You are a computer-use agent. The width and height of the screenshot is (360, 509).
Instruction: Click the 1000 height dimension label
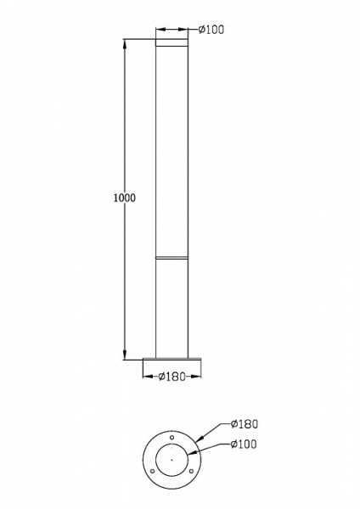pos(124,198)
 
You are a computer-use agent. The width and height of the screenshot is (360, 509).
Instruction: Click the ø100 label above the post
pos(211,30)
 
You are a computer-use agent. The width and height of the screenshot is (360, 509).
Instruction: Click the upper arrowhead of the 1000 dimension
pos(125,42)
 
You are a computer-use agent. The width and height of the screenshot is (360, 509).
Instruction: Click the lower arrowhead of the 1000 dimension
pos(125,355)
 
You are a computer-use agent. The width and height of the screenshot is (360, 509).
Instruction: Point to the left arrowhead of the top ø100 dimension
pos(159,30)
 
